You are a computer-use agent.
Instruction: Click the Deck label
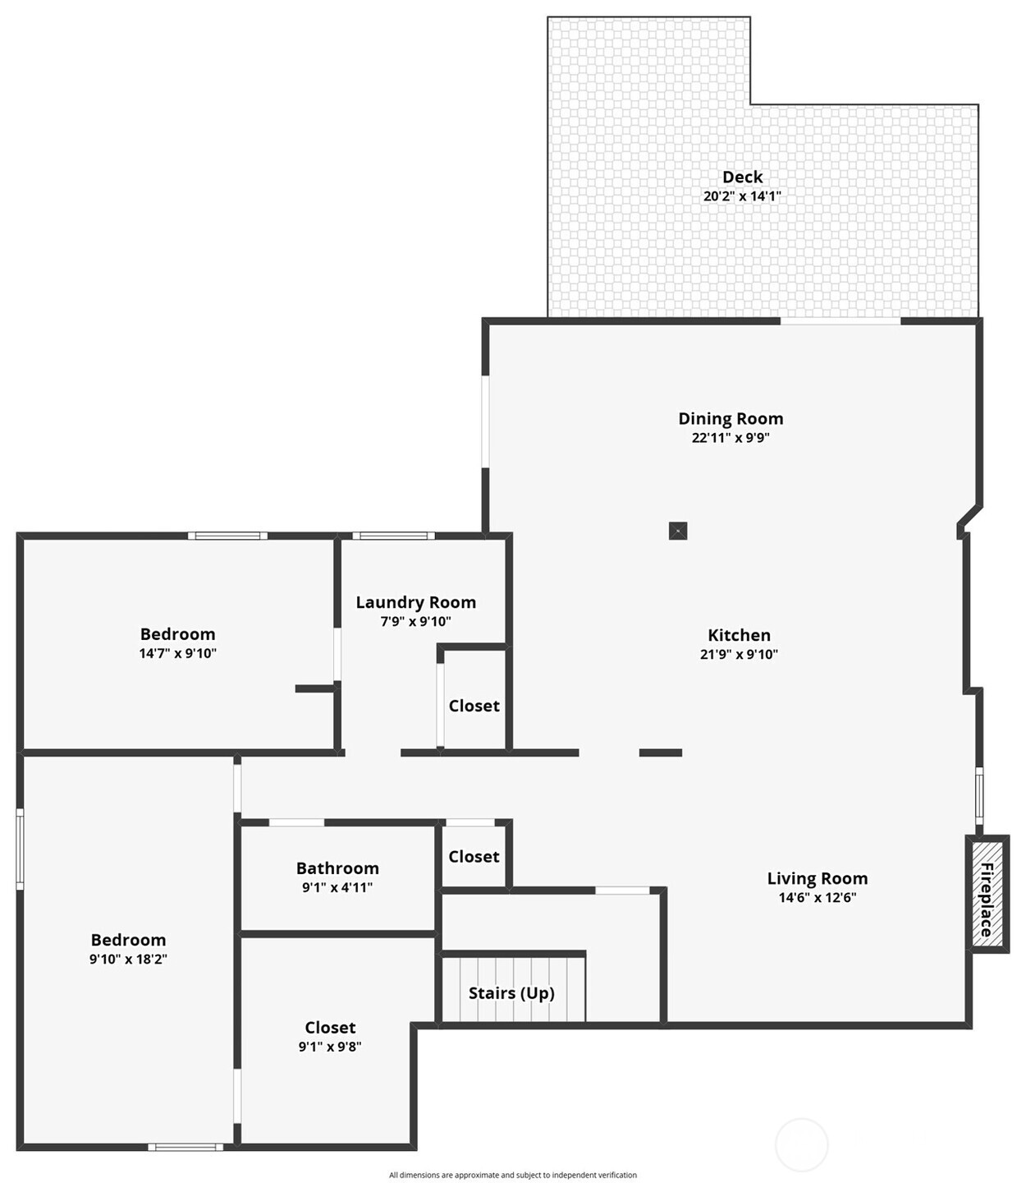(x=742, y=177)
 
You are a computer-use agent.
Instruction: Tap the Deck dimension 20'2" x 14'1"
(x=742, y=196)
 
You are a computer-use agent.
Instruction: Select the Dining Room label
(x=731, y=419)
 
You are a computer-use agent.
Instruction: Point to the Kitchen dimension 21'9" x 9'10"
(x=738, y=654)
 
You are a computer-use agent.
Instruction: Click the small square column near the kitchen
(x=678, y=531)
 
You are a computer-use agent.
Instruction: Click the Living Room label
(x=817, y=877)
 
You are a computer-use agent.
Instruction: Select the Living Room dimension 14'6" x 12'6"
(x=817, y=897)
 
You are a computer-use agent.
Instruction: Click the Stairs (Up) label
(x=511, y=993)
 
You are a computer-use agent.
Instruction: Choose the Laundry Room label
(x=415, y=602)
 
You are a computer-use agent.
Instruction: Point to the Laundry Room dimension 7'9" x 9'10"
(x=415, y=622)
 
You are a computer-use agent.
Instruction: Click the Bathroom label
(x=337, y=868)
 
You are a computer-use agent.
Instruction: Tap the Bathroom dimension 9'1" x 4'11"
(x=337, y=887)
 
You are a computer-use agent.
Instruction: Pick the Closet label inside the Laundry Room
(x=474, y=706)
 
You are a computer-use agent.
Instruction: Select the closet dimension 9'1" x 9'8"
(x=329, y=1046)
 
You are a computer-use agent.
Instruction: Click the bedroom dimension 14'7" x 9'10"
(x=177, y=653)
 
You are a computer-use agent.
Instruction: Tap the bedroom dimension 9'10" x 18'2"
(x=128, y=959)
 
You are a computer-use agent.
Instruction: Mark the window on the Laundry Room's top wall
(x=393, y=536)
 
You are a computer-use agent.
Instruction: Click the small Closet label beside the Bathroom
(x=474, y=856)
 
